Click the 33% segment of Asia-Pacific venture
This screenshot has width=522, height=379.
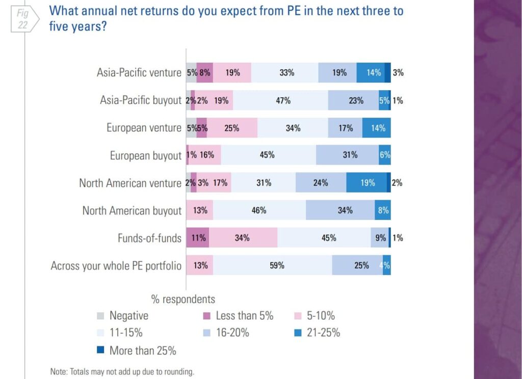(286, 73)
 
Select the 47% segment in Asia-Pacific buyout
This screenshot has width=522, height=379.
(283, 100)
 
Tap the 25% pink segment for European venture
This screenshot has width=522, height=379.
(232, 128)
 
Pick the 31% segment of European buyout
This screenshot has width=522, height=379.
(350, 155)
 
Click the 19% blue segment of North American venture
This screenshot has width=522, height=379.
(367, 183)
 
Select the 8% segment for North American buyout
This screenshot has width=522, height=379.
(383, 210)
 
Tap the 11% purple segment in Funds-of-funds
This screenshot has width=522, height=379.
(197, 238)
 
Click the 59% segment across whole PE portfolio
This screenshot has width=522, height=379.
(277, 265)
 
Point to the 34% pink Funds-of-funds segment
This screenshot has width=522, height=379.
(243, 238)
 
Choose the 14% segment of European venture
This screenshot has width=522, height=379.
(377, 128)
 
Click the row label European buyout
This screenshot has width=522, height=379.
(145, 155)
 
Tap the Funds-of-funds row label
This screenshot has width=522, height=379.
(149, 238)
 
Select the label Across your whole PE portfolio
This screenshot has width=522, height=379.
(116, 265)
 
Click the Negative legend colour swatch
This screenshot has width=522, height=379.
(100, 316)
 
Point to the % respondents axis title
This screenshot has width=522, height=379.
(183, 299)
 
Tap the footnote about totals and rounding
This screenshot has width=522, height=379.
(122, 372)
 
